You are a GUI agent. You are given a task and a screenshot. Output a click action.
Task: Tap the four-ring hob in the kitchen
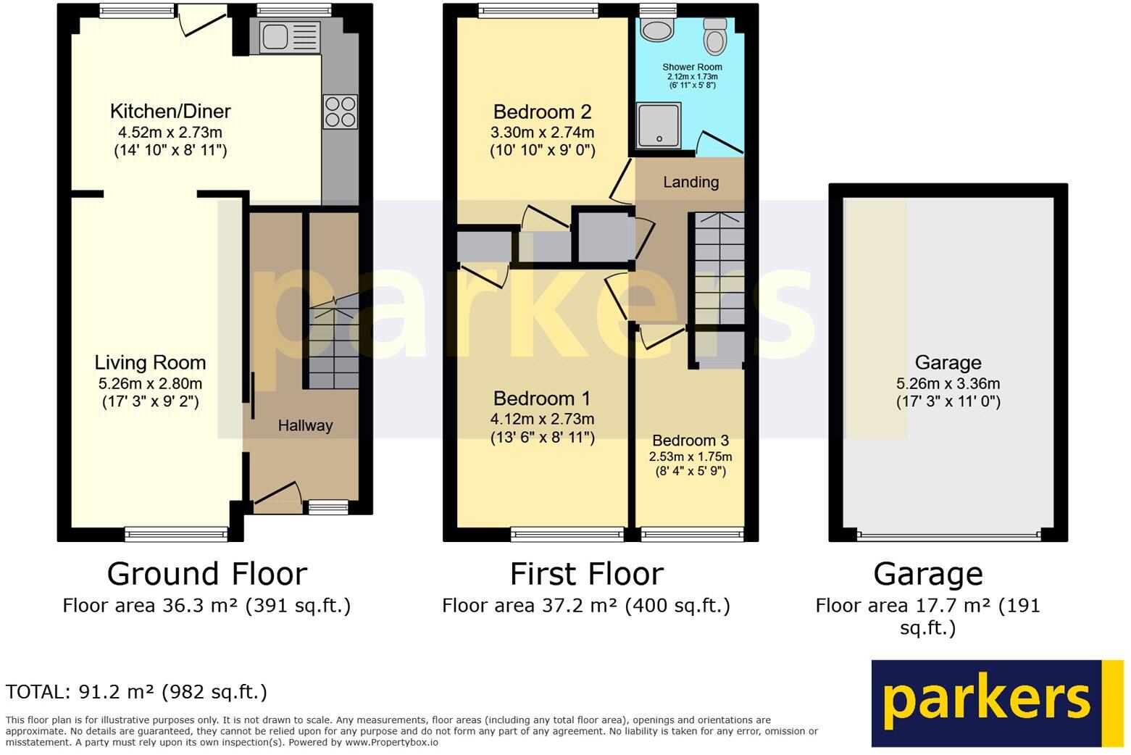[x=341, y=112]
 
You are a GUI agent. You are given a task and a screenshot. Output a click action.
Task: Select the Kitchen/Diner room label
[x=170, y=112]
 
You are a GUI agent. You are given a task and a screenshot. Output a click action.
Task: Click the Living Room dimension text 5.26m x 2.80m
[x=150, y=384]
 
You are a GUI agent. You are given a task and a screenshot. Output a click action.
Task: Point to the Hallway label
[x=305, y=425]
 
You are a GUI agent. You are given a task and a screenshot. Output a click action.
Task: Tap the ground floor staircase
[x=333, y=348]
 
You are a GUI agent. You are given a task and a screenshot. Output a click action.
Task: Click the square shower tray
[x=659, y=125]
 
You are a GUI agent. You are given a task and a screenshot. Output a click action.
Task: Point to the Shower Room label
[x=692, y=67]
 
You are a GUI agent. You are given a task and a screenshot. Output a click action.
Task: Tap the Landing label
[x=690, y=182]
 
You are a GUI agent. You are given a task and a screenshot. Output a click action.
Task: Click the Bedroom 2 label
[x=542, y=112]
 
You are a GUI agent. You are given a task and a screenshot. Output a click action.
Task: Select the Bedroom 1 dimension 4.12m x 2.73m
[x=542, y=419]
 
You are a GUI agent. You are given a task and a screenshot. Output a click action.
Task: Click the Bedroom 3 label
[x=690, y=441]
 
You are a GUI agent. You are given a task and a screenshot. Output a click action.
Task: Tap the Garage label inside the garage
[x=948, y=362]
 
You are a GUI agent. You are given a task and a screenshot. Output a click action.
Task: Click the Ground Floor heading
[x=207, y=574]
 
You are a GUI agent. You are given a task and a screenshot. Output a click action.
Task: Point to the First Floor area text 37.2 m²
[x=585, y=606]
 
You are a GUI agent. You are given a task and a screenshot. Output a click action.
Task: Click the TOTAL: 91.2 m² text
[x=136, y=692]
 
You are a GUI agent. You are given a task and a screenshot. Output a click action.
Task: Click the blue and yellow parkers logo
[x=996, y=703]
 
